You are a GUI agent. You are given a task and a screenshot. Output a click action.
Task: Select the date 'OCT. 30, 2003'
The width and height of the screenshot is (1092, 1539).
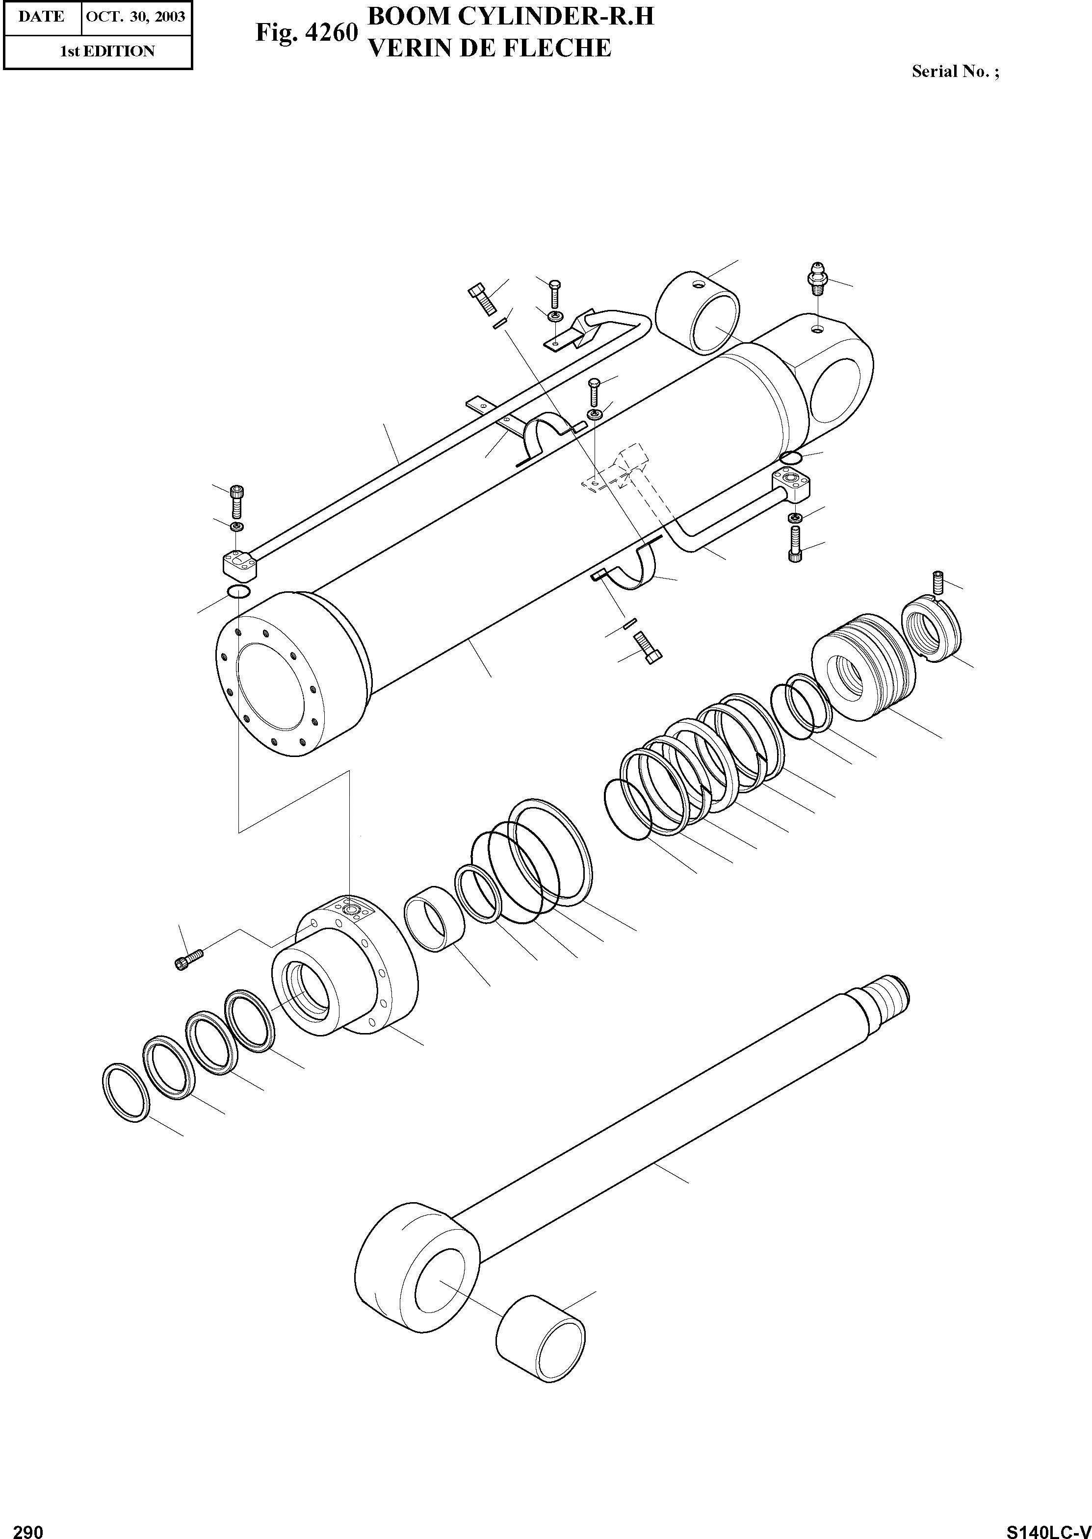click(135, 16)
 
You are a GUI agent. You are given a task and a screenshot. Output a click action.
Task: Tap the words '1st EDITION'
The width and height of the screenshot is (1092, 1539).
click(107, 51)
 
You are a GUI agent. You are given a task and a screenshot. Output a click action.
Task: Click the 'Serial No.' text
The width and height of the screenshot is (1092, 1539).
click(955, 72)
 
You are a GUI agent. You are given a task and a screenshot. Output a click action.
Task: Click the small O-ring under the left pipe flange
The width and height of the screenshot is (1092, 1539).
click(239, 591)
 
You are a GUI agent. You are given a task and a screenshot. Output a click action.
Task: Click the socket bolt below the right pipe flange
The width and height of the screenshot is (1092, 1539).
click(794, 544)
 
